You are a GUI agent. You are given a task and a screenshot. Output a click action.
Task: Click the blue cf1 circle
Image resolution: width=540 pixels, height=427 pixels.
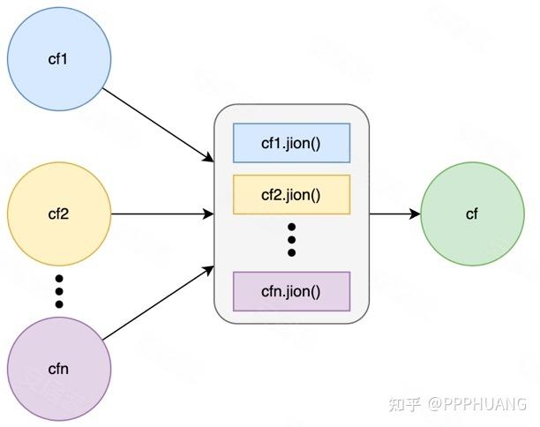tap(59, 59)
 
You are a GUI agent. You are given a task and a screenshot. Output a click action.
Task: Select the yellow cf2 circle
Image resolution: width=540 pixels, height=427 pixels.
tap(59, 213)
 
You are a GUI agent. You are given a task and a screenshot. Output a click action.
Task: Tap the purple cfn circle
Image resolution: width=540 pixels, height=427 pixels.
tap(59, 369)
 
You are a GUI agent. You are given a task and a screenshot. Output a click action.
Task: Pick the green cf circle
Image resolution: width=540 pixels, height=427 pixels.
tap(473, 213)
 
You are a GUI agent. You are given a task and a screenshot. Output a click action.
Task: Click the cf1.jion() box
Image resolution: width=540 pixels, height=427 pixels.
tap(292, 143)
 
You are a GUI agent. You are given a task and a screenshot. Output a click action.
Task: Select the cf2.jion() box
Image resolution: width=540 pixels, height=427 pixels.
tap(292, 195)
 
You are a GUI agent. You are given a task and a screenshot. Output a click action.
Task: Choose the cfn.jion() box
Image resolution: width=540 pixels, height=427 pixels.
tap(292, 291)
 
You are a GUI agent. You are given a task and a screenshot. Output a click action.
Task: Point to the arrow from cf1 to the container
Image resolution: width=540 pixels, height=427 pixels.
tap(159, 125)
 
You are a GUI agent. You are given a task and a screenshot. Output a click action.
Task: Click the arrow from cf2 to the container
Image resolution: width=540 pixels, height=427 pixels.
tap(162, 213)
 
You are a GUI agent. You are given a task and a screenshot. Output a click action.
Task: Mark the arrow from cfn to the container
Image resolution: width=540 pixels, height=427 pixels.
tap(159, 303)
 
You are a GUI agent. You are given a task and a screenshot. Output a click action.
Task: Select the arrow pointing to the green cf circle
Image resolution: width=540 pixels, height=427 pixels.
tap(395, 213)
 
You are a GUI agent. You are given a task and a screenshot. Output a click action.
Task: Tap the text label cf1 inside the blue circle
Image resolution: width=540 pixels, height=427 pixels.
tap(58, 59)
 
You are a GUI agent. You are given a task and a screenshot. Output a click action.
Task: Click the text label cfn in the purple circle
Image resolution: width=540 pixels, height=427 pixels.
tap(58, 369)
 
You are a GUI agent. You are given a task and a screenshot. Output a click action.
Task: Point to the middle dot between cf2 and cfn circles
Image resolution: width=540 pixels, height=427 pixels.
tap(59, 291)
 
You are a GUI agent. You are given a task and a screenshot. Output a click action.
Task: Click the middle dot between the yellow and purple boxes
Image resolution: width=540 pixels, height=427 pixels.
tap(292, 240)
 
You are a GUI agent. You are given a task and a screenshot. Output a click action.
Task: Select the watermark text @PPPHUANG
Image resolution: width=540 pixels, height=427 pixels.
tap(477, 404)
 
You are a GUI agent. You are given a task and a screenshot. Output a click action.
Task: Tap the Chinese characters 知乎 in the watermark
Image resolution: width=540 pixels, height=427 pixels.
tap(405, 404)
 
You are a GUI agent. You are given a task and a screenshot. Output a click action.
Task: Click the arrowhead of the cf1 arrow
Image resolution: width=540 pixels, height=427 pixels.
tap(208, 158)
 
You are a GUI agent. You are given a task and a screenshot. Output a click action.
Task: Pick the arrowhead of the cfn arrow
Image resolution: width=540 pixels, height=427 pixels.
tap(208, 270)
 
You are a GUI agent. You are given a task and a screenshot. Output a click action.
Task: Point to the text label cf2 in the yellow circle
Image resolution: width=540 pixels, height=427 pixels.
tap(58, 214)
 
